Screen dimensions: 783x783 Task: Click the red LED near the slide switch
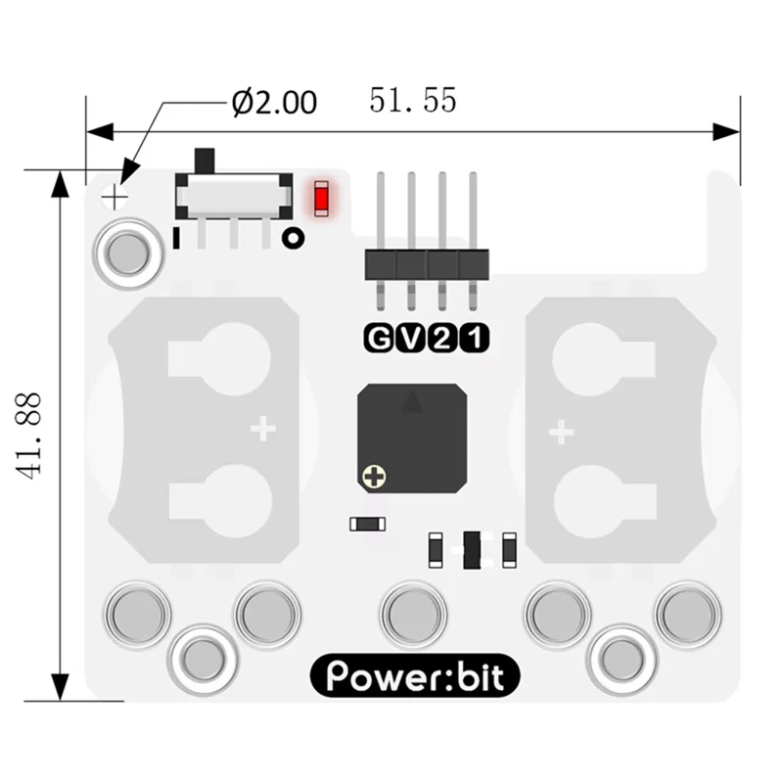[x=320, y=199]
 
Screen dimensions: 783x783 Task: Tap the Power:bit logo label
[x=414, y=676]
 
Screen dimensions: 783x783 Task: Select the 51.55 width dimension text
[x=412, y=100]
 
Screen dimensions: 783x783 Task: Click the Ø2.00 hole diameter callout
[x=274, y=102]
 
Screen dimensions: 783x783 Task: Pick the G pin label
[x=378, y=339]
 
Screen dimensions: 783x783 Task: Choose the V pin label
[x=410, y=339]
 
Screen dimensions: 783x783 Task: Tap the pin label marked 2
[x=441, y=339]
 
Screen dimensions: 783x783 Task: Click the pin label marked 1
[x=473, y=339]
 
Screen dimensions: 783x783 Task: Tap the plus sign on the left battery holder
[x=261, y=429]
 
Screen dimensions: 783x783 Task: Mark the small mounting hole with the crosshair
[x=115, y=198]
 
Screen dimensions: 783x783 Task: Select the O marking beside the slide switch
[x=292, y=238]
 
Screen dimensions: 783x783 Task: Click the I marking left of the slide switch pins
[x=175, y=237]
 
